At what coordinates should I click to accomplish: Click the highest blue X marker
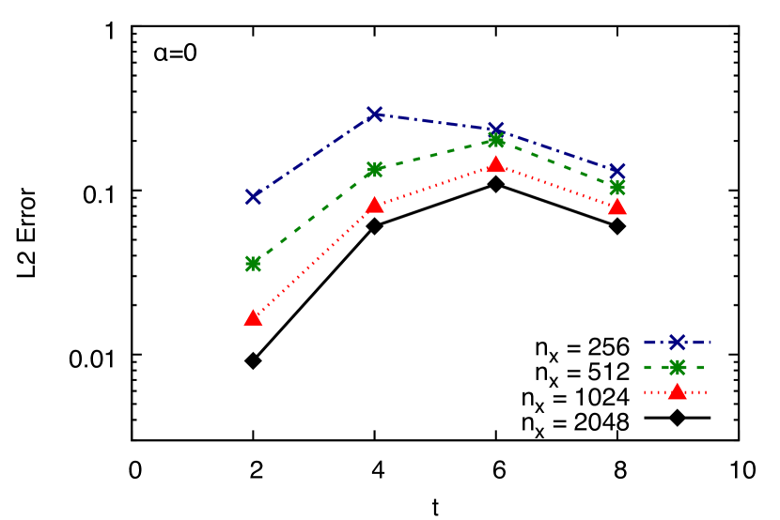coord(375,115)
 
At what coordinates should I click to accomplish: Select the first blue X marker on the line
coord(253,196)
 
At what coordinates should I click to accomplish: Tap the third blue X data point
coord(496,130)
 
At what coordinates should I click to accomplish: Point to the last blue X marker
coord(617,172)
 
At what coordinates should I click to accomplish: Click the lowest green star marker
coord(253,264)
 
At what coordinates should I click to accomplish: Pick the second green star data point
coord(375,169)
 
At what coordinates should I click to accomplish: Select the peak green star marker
coord(496,140)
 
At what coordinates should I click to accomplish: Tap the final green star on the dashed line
coord(617,187)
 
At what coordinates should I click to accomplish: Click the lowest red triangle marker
coord(253,318)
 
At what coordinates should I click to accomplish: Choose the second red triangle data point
coord(375,205)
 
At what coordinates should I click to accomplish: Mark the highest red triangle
coord(496,164)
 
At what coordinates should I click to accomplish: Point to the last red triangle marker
coord(617,206)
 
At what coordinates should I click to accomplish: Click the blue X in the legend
coord(677,342)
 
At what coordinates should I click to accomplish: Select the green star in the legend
coord(677,367)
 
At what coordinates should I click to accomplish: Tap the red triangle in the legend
coord(677,391)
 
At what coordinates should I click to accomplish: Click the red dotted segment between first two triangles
coord(314,262)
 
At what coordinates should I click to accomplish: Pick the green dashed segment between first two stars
coord(314,217)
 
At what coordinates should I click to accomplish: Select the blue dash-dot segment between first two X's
coord(314,156)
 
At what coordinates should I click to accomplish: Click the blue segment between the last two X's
coord(556,150)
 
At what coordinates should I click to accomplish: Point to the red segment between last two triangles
coord(556,186)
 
